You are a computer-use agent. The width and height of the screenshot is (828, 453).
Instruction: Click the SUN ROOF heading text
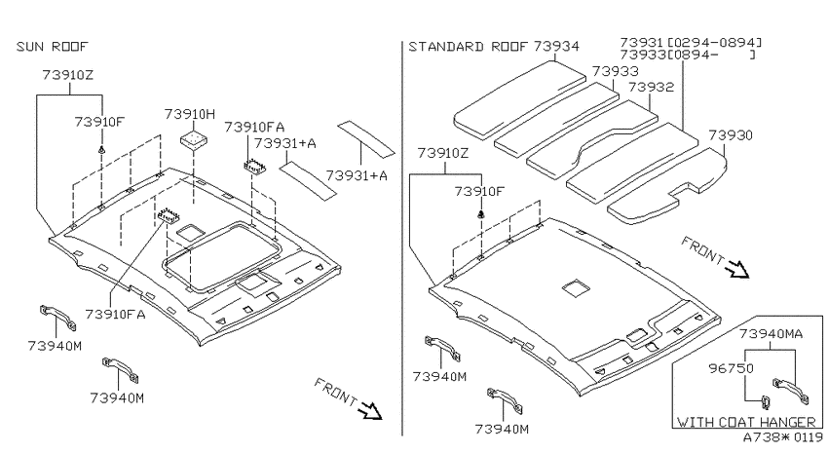click(52, 47)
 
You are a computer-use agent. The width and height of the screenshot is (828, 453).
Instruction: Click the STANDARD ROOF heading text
click(468, 47)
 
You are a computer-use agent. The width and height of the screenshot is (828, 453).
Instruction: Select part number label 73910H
click(190, 114)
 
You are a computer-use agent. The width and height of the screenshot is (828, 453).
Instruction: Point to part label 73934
click(556, 47)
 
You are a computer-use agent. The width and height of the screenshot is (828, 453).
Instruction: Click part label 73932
click(651, 87)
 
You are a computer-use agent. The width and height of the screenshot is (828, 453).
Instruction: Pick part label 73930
click(731, 135)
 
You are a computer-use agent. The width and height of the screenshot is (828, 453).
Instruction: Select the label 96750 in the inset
click(731, 368)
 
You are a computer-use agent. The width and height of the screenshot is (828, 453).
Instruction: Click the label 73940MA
click(771, 334)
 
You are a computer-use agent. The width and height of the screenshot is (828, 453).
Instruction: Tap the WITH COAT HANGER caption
click(746, 422)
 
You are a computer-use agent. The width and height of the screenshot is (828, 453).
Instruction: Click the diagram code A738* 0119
click(782, 437)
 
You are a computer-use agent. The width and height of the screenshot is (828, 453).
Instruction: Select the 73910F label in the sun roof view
click(99, 122)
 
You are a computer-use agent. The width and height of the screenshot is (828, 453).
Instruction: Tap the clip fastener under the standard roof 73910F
click(480, 214)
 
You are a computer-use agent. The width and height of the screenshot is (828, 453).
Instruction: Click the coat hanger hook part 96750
click(764, 402)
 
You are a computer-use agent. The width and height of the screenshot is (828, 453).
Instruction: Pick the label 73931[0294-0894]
click(691, 42)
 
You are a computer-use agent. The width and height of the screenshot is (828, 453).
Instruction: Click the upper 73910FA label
click(254, 127)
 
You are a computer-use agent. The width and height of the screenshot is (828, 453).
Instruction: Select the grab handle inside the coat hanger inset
click(790, 392)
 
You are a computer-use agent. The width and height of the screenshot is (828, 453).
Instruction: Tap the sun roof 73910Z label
click(67, 75)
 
